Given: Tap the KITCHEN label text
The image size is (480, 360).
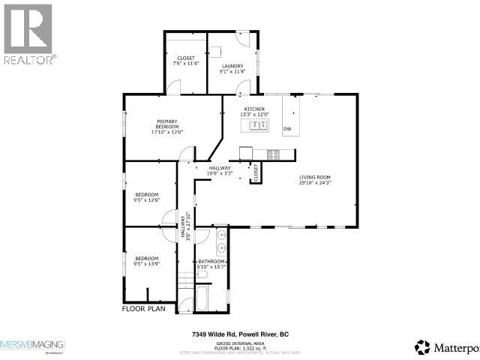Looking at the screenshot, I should point(254,109).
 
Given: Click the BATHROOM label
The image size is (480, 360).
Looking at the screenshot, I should point(211,261).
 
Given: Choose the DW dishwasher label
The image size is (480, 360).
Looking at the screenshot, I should point(287,129).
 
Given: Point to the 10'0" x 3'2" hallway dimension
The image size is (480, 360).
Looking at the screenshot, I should point(220,174).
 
